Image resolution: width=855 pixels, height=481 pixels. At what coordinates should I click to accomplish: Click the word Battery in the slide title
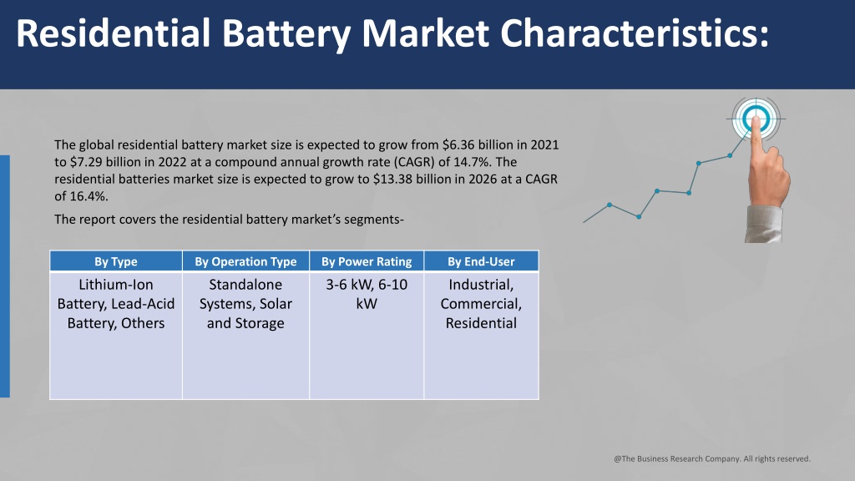pyautogui.click(x=287, y=34)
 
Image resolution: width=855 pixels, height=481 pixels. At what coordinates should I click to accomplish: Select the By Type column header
pyautogui.click(x=115, y=261)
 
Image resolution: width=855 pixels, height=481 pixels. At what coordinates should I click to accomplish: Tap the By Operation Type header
pyautogui.click(x=246, y=261)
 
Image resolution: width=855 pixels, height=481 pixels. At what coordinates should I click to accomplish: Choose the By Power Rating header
pyautogui.click(x=367, y=261)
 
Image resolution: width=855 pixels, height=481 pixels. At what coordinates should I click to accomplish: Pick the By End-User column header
pyautogui.click(x=481, y=261)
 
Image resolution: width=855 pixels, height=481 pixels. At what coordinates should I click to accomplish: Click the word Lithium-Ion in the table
pyautogui.click(x=115, y=285)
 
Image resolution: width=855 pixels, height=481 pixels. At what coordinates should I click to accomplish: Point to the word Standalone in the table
pyautogui.click(x=245, y=285)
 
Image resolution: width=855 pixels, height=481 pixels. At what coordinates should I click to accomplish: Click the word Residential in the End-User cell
pyautogui.click(x=481, y=323)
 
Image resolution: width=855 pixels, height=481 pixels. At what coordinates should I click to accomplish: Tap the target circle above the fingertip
pyautogui.click(x=756, y=119)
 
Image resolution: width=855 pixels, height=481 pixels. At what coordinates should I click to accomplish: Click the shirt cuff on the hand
pyautogui.click(x=763, y=224)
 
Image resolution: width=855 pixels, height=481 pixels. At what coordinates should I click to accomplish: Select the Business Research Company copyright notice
pyautogui.click(x=712, y=458)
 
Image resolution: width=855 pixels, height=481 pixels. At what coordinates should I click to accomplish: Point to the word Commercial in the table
pyautogui.click(x=481, y=304)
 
